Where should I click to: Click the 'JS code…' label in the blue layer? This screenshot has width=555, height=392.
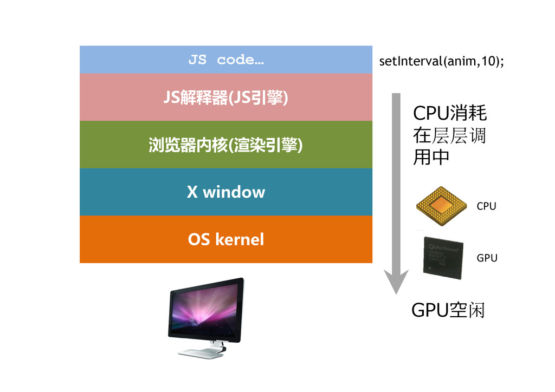(226, 60)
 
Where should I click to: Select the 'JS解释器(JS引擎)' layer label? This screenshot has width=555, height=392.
(225, 99)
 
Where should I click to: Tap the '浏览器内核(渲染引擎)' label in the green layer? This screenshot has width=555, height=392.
(225, 145)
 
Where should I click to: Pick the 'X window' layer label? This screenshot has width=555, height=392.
(225, 192)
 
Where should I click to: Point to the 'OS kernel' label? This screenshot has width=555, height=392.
(225, 239)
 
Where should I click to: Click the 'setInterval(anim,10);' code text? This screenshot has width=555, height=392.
(441, 61)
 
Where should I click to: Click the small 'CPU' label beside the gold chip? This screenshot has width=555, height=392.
(486, 206)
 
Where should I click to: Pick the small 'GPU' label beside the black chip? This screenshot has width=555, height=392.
(487, 258)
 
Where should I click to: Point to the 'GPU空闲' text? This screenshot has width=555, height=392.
(448, 311)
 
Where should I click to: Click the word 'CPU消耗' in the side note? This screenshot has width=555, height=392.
(450, 114)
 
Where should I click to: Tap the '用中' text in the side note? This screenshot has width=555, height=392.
(431, 157)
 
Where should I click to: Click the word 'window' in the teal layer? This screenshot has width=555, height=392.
(234, 192)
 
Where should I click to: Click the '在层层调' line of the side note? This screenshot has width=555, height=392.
(449, 135)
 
